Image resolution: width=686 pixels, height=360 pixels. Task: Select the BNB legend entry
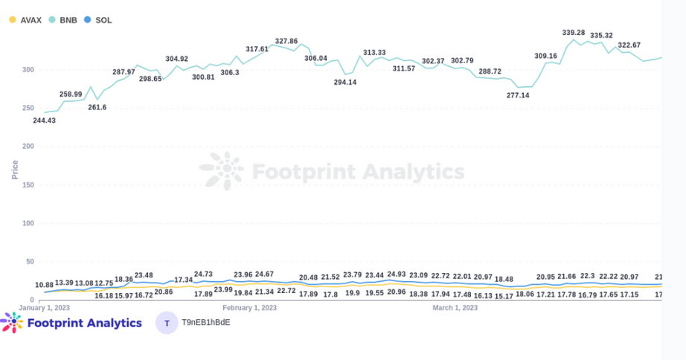click(x=62, y=20)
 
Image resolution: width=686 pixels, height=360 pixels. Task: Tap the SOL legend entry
click(x=98, y=20)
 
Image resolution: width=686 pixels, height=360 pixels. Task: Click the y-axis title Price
click(x=15, y=169)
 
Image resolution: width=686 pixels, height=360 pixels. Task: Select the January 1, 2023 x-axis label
click(x=45, y=307)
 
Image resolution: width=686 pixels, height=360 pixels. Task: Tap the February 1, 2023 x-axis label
click(x=250, y=307)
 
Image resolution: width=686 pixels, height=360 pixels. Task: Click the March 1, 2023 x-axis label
click(x=455, y=307)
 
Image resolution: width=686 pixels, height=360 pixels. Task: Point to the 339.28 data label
click(x=574, y=33)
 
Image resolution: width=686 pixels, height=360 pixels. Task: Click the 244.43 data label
click(x=44, y=120)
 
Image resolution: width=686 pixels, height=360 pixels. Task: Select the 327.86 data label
click(x=286, y=42)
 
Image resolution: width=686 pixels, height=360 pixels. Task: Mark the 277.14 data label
click(x=518, y=95)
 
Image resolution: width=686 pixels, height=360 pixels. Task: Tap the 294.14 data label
click(x=344, y=82)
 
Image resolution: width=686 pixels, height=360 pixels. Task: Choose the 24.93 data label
click(x=397, y=274)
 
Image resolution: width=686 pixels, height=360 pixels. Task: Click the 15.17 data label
click(x=504, y=295)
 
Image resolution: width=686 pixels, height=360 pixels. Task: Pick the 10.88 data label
click(x=45, y=285)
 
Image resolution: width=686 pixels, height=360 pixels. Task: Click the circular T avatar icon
click(x=167, y=323)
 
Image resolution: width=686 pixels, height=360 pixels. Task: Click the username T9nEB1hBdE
click(x=206, y=323)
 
